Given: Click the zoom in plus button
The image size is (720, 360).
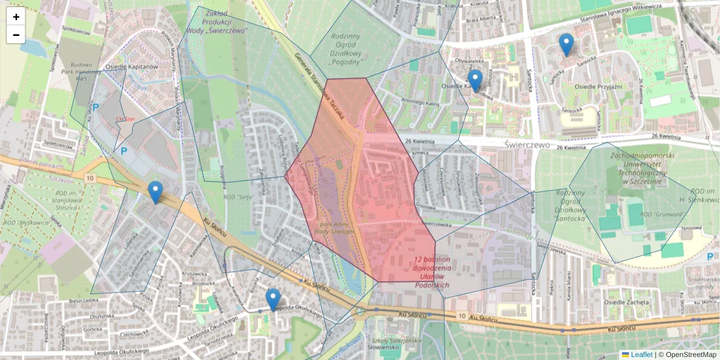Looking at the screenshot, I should pos(16,17).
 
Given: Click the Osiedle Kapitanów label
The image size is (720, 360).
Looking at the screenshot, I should pos(131,67).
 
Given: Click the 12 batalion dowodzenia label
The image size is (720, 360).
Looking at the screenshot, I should pos(433,272).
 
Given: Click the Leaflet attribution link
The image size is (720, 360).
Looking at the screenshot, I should pos(641,355).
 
